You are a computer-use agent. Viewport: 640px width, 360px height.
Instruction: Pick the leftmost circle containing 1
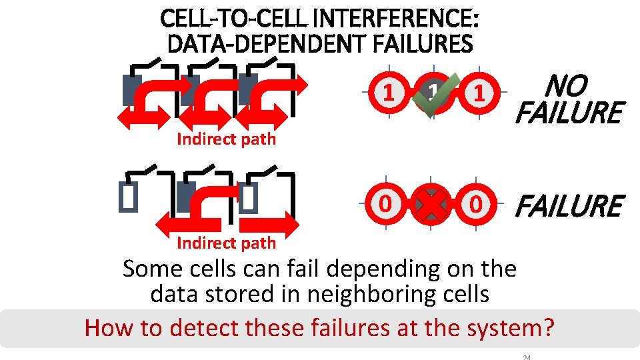coord(387,93)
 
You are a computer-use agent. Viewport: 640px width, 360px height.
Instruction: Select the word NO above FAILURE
coord(567,86)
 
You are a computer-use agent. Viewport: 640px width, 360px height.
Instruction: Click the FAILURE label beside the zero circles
coord(569,206)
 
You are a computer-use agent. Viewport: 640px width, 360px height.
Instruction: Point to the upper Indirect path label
coord(226,139)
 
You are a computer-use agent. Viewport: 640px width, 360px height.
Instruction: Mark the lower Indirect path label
coord(226,243)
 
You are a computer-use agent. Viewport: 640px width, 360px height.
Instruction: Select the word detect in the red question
coord(207,328)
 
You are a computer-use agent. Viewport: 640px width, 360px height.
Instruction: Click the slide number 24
coord(526,357)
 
